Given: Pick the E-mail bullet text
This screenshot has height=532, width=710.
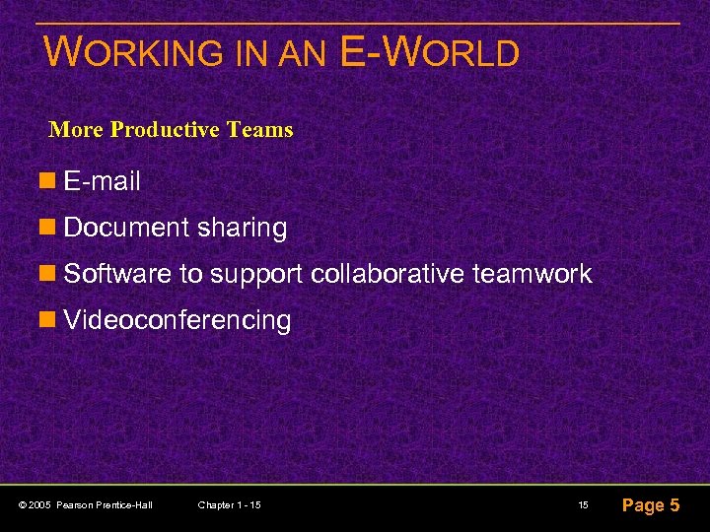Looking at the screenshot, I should (x=102, y=181).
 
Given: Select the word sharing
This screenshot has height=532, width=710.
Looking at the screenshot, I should (x=242, y=229).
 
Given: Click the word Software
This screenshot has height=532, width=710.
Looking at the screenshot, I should (x=117, y=274).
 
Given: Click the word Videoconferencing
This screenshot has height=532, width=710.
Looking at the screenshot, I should (x=177, y=320).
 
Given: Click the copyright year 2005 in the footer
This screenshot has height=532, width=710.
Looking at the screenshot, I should (x=40, y=505).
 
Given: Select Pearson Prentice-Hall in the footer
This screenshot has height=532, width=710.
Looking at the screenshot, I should (x=105, y=505).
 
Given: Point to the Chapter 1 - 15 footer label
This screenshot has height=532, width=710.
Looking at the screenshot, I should (x=229, y=505).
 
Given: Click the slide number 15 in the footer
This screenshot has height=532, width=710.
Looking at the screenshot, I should (x=583, y=505).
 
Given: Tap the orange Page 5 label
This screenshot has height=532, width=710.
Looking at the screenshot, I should (x=650, y=505).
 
